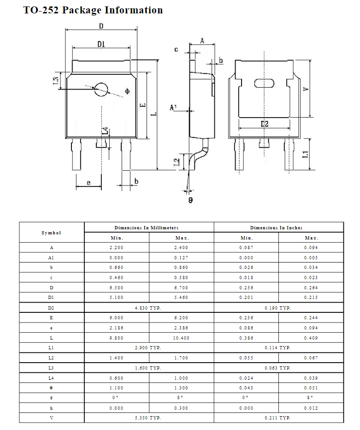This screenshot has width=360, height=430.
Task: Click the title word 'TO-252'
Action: [41, 10]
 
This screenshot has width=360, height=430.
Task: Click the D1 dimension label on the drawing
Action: [101, 44]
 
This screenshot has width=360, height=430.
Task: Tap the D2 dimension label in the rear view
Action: [264, 124]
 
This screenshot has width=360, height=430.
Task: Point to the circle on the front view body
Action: [101, 89]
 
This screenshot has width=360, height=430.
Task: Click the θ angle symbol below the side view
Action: [190, 200]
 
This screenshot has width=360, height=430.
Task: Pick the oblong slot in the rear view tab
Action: [264, 84]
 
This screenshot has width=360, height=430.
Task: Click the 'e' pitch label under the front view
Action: [88, 183]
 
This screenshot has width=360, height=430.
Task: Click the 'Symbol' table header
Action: [51, 233]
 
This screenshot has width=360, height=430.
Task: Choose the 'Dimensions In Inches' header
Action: [278, 227]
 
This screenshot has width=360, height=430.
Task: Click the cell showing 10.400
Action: [182, 338]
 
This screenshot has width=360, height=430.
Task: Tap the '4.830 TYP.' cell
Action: [148, 308]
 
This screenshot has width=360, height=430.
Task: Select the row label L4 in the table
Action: [51, 378]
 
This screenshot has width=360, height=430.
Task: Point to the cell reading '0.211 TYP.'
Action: [278, 418]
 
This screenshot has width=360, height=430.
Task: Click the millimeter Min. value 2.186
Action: [117, 328]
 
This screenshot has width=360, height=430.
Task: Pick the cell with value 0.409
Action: [311, 338]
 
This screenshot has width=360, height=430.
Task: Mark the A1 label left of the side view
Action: [173, 107]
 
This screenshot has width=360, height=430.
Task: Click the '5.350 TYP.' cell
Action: [148, 418]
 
